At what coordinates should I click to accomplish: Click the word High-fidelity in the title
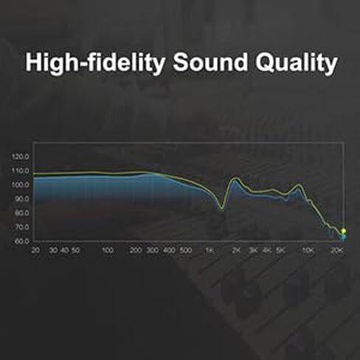click(95, 62)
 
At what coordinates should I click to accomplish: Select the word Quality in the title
click(297, 63)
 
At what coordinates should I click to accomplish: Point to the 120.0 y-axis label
click(21, 156)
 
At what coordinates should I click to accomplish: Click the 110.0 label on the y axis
click(21, 170)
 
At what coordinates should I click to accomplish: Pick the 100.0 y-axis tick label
click(21, 185)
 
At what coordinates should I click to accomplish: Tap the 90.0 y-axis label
click(21, 199)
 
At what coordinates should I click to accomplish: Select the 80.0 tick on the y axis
click(21, 213)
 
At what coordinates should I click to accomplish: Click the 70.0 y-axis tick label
click(21, 227)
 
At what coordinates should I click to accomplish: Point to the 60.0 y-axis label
click(21, 241)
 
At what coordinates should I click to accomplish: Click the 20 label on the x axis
click(35, 251)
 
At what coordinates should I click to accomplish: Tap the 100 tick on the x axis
click(108, 251)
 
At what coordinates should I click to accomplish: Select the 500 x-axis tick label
click(186, 251)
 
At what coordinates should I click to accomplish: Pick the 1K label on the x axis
click(210, 251)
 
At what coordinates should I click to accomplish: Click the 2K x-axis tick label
click(236, 251)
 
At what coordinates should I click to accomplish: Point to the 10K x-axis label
click(308, 251)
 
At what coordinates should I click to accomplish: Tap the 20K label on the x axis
click(337, 251)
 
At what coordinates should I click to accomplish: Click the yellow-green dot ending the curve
click(344, 231)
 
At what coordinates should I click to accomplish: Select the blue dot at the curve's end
click(344, 238)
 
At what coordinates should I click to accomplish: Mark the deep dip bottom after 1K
click(222, 209)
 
